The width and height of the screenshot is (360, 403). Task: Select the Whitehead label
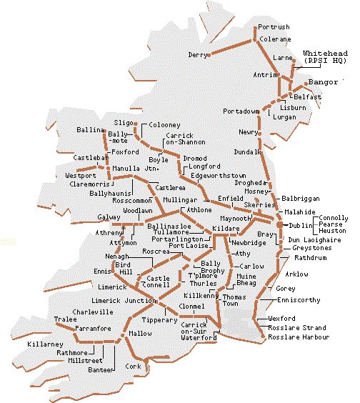[x=325, y=54]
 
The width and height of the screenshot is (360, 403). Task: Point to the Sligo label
[x=124, y=123]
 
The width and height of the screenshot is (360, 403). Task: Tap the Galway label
[x=109, y=217]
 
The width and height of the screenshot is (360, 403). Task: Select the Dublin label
[x=298, y=226]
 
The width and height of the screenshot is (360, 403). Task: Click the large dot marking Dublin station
[x=279, y=225]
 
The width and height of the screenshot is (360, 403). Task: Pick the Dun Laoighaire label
[x=310, y=241]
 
